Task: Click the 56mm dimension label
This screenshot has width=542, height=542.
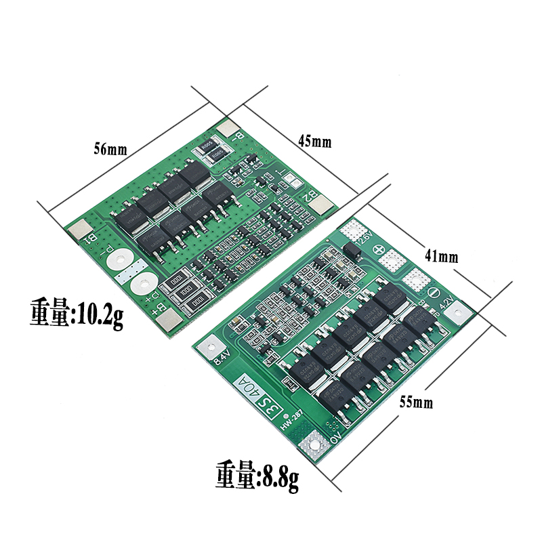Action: tap(110, 150)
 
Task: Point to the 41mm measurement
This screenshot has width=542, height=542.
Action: tap(442, 256)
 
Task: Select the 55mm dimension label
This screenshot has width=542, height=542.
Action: tap(415, 402)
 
